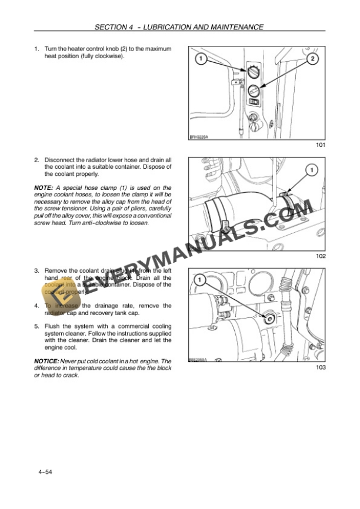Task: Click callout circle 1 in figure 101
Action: pos(199,59)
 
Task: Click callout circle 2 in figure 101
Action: pos(313,59)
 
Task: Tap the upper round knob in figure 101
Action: pos(252,73)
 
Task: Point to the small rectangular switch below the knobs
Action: pos(254,102)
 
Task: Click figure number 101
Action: pos(320,145)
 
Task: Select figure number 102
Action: pos(320,256)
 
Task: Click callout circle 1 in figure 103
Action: pos(199,280)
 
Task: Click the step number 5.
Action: pos(36,326)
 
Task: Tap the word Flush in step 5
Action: pos(52,326)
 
